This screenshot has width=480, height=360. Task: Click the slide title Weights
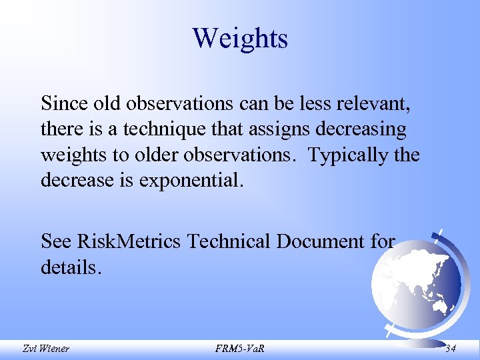click(x=240, y=38)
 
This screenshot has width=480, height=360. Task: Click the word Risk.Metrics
click(x=129, y=241)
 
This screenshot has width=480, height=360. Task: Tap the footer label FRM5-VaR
click(x=239, y=347)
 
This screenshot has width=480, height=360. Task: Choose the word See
click(x=56, y=241)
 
